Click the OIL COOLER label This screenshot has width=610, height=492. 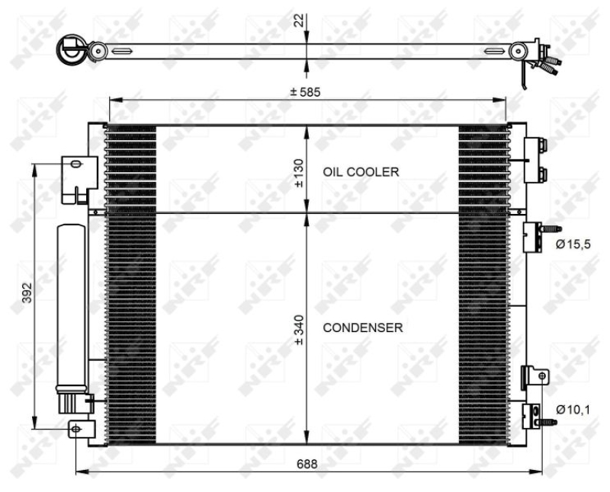360,172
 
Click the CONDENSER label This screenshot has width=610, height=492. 363,327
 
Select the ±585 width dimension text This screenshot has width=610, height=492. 305,92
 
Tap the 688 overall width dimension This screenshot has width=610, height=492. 307,463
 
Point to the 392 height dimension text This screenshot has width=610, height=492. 25,293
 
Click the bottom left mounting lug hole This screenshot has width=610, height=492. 75,430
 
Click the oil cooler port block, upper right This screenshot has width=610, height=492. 535,160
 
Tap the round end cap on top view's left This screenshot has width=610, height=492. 74,51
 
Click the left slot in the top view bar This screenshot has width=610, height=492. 122,51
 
